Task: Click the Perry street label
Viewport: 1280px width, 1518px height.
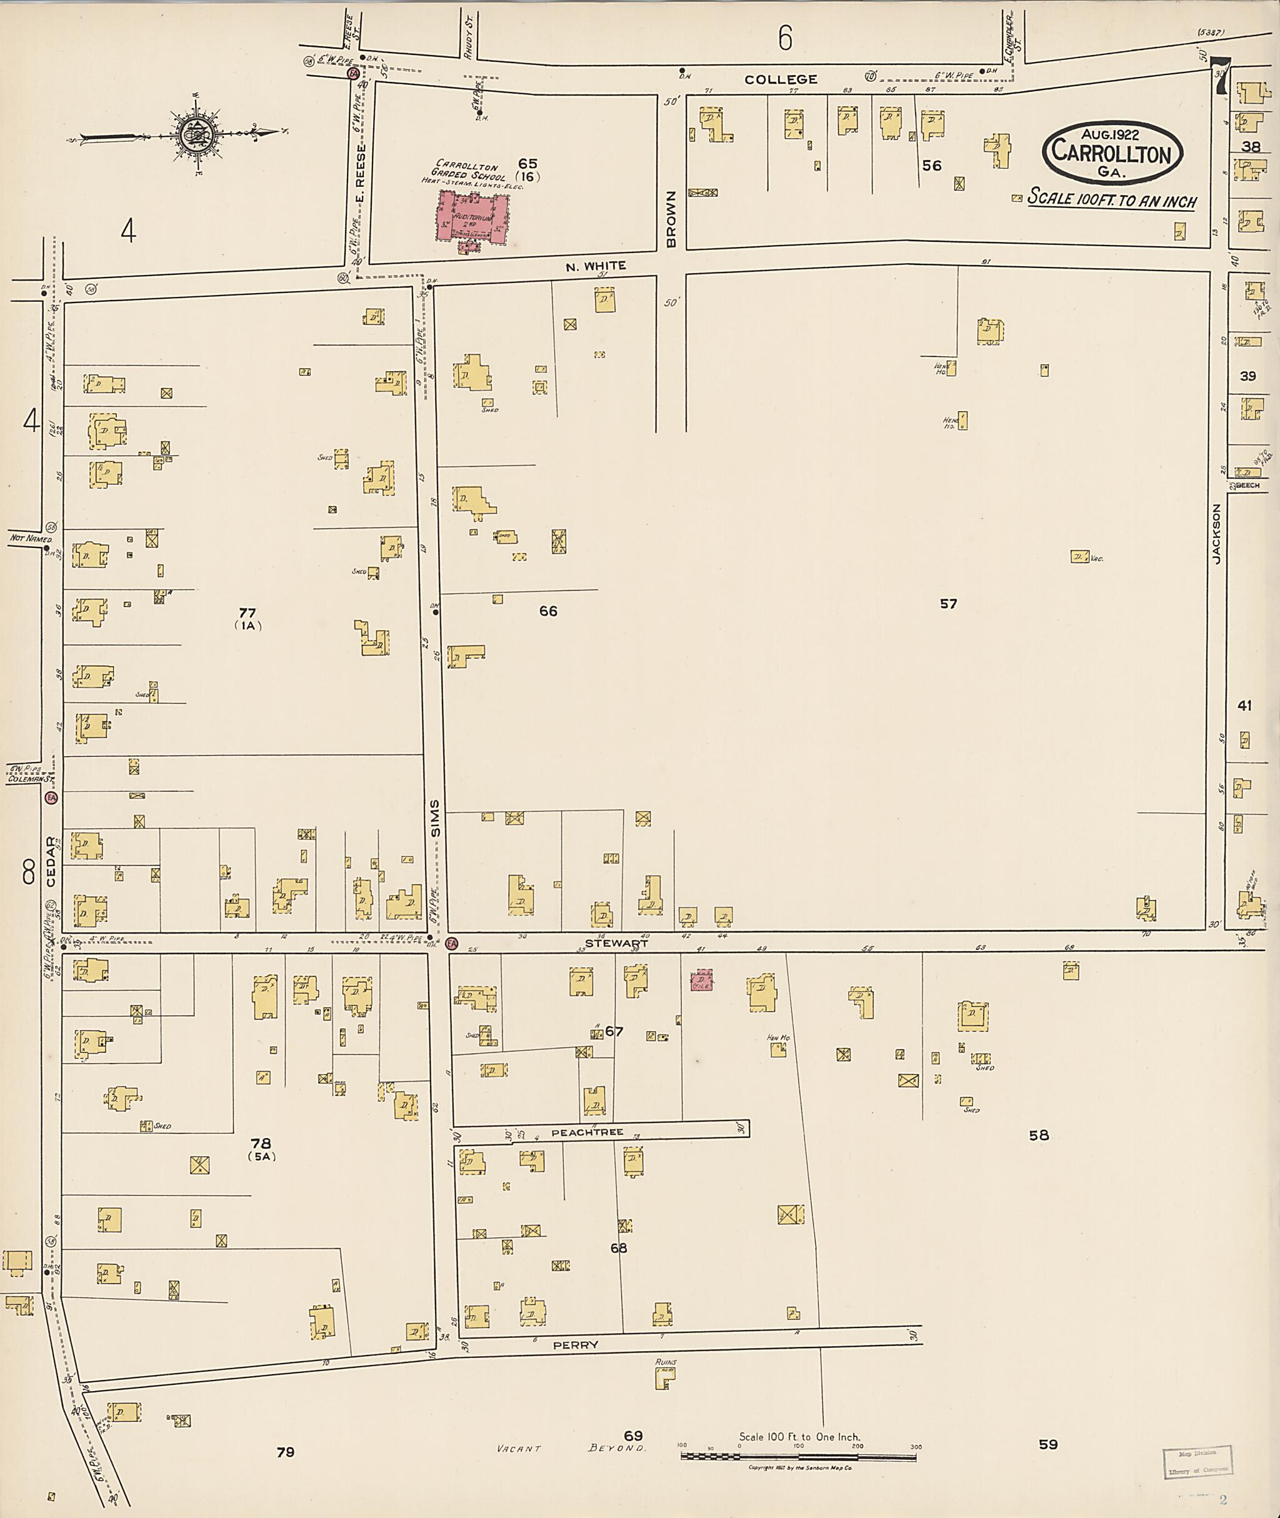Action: coord(576,1344)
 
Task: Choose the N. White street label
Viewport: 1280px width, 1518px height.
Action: coord(595,266)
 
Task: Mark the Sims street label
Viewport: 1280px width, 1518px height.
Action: coord(436,819)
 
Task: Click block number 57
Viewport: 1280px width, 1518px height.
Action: coord(947,604)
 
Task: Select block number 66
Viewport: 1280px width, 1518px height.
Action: coord(548,611)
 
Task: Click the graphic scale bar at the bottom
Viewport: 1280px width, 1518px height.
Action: coord(798,1454)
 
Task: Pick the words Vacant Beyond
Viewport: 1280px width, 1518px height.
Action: coord(571,1447)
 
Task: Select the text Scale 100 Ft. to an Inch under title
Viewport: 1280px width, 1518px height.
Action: coord(1112,200)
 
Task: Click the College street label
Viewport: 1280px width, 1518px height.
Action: coord(780,79)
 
